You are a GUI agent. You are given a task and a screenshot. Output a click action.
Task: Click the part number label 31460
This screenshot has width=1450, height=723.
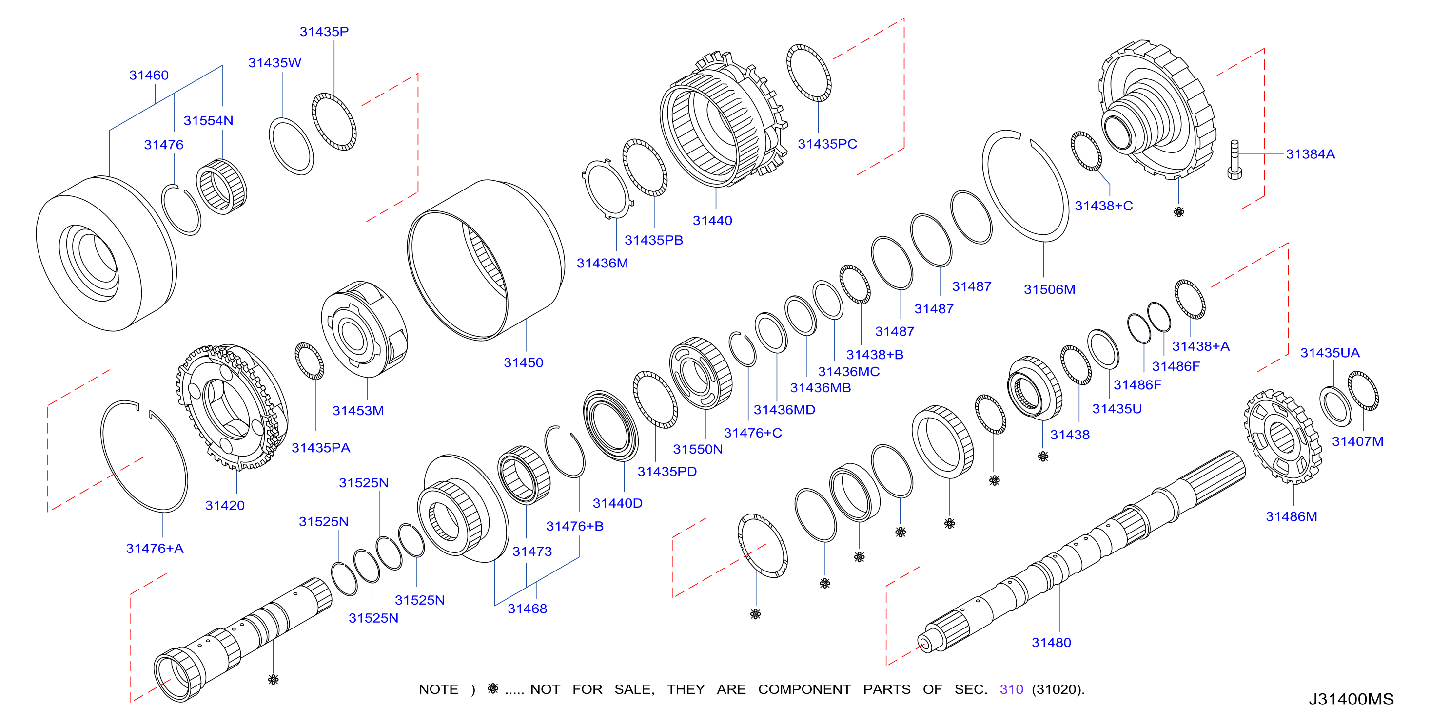click(x=149, y=75)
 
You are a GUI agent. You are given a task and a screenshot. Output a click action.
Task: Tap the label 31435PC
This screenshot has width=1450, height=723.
click(x=827, y=144)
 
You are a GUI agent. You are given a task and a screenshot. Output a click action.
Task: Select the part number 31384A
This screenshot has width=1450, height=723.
click(x=1311, y=154)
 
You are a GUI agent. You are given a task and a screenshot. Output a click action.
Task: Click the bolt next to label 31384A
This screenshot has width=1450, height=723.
click(x=1234, y=160)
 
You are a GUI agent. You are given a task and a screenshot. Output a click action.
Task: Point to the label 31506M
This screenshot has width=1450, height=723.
click(x=1049, y=289)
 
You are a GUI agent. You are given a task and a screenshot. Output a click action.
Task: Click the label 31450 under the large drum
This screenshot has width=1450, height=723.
click(x=524, y=362)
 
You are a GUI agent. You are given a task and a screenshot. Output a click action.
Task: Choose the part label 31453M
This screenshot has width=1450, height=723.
click(x=358, y=410)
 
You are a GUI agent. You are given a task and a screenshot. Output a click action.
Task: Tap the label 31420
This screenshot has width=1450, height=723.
click(x=225, y=505)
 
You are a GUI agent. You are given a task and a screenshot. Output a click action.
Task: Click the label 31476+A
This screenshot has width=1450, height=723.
click(x=155, y=548)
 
